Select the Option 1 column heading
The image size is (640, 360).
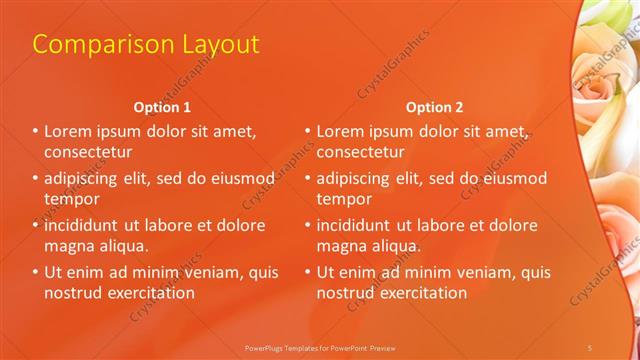pyautogui.click(x=162, y=107)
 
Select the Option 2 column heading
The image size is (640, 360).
pyautogui.click(x=434, y=107)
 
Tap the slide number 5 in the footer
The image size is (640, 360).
pyautogui.click(x=590, y=346)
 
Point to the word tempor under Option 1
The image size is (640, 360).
pyautogui.click(x=72, y=200)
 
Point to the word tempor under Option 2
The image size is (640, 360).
pyautogui.click(x=344, y=200)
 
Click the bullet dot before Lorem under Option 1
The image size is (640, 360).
pyautogui.click(x=35, y=131)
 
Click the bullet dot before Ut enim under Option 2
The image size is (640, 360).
pyautogui.click(x=307, y=272)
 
